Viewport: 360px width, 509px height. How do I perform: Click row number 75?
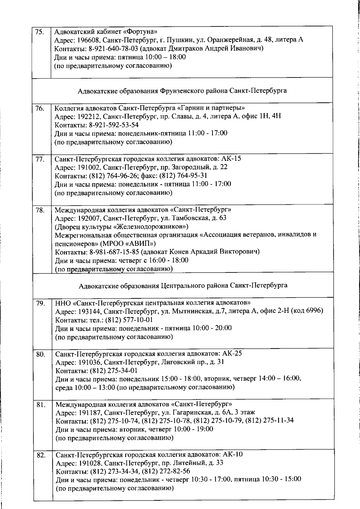(39, 32)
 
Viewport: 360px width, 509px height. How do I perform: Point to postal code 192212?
(88, 116)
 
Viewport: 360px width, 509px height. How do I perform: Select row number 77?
(39, 159)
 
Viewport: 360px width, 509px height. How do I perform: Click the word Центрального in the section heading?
(183, 285)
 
